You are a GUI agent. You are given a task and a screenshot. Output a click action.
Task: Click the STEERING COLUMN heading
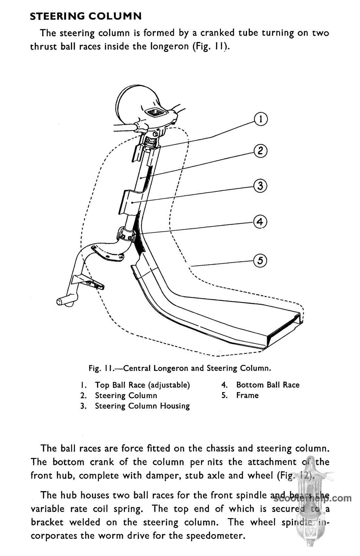pos(86,16)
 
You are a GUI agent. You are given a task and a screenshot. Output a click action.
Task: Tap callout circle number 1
pos(261,119)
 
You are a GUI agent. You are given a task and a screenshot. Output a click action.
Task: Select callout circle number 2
pos(261,151)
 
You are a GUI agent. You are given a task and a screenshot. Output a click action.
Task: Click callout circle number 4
pos(260,222)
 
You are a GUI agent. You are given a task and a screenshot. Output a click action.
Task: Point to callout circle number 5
pos(261,260)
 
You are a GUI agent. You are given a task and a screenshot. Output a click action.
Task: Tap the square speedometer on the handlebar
pos(158,113)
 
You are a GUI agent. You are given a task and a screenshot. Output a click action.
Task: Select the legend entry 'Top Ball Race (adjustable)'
pos(142,385)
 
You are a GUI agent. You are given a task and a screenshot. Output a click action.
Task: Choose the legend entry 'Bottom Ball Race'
pos(268,385)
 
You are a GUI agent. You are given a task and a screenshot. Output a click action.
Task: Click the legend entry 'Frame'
pos(247,395)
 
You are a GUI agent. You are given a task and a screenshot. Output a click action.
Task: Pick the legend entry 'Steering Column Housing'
pos(142,406)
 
